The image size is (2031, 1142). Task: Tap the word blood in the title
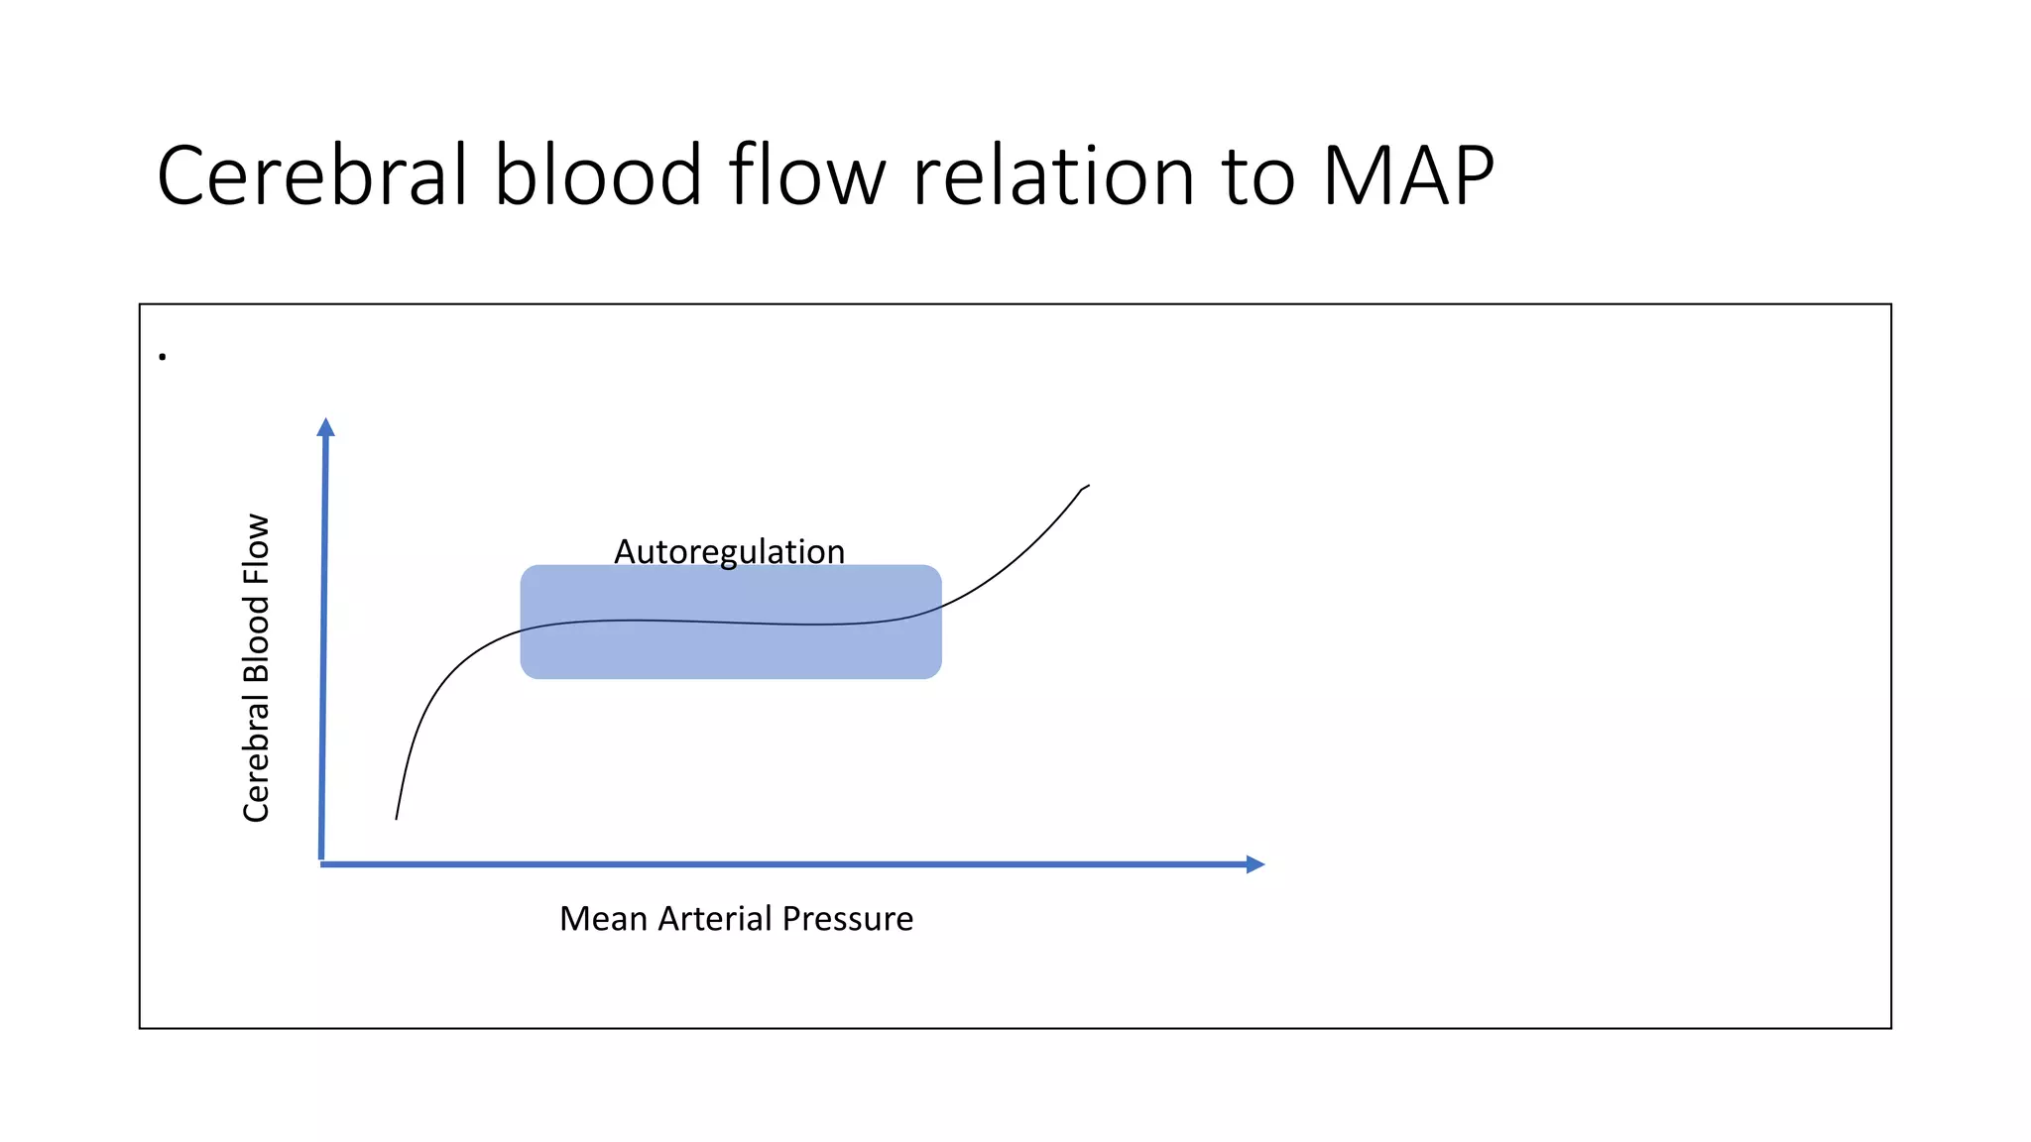tap(598, 175)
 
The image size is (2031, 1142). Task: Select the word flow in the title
tap(806, 175)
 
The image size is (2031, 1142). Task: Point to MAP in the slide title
tap(1407, 175)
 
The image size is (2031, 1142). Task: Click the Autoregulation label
tap(729, 551)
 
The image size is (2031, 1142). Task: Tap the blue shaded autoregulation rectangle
tap(731, 649)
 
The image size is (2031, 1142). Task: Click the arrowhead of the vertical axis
tap(325, 427)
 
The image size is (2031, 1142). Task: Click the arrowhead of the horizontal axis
tap(1254, 864)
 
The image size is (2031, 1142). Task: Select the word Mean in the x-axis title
tap(603, 919)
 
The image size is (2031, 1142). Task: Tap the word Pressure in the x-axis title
tap(847, 919)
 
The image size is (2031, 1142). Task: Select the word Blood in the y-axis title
tap(256, 639)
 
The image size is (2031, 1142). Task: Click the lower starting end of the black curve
tap(397, 818)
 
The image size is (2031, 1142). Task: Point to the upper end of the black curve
tap(1088, 486)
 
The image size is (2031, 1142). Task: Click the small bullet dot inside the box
tap(163, 357)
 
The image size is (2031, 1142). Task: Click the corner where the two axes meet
tap(322, 863)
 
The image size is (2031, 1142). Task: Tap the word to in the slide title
tap(1258, 175)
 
